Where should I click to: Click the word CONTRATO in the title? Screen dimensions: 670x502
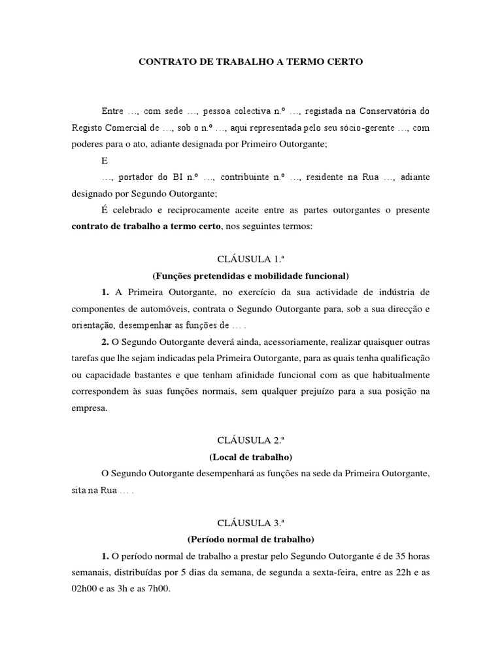coord(163,62)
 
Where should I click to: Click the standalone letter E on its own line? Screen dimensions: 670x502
coord(105,160)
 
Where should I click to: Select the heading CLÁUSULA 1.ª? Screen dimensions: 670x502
coord(250,259)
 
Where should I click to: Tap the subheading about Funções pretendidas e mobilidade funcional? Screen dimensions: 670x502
coord(250,275)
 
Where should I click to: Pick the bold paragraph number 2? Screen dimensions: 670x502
coord(105,342)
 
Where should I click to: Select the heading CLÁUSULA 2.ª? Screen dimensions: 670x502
coord(250,440)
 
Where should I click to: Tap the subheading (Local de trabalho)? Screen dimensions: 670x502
coord(250,456)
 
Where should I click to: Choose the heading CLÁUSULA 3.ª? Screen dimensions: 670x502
coord(250,522)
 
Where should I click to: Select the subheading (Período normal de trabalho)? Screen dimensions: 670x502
coord(250,539)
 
